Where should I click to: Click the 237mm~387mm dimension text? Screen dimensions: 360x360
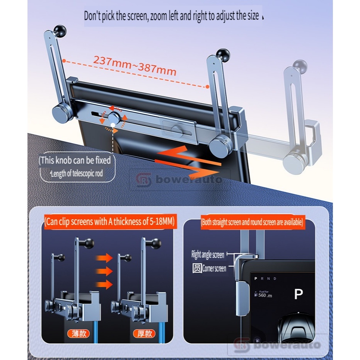[x=135, y=66]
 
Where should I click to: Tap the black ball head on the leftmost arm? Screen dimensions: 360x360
[x=60, y=30]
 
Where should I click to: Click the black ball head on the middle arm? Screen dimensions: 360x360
[x=223, y=55]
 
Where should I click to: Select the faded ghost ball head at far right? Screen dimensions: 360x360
[x=300, y=66]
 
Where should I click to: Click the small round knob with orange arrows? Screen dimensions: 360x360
[x=114, y=119]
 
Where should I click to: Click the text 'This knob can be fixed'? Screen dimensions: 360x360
[x=75, y=160]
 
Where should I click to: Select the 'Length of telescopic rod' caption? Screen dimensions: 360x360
[x=77, y=173]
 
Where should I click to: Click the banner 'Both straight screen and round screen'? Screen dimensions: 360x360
[x=253, y=222]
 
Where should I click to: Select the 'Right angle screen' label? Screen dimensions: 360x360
[x=208, y=255]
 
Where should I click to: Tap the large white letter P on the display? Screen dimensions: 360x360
[x=299, y=294]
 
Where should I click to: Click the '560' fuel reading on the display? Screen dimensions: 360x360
[x=262, y=295]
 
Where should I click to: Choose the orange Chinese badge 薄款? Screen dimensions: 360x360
[x=79, y=333]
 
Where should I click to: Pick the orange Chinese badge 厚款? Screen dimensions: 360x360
[x=144, y=333]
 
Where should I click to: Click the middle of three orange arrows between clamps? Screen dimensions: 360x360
[x=104, y=271]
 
